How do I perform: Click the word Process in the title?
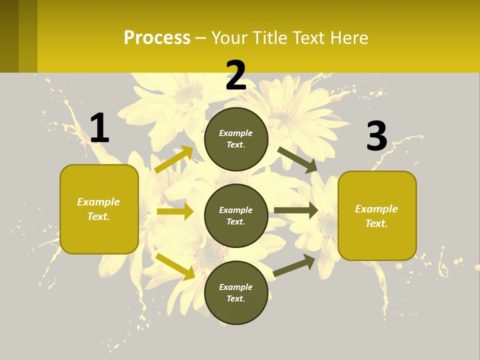tap(157, 38)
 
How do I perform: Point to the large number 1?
tap(99, 128)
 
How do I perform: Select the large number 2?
tap(236, 75)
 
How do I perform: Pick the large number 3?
tap(376, 136)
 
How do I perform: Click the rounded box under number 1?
tap(99, 209)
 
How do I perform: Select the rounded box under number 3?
tap(377, 215)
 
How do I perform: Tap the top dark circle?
tap(236, 139)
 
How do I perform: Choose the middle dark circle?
tap(236, 216)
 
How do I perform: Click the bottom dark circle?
tap(236, 292)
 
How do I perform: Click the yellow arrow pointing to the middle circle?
tap(175, 211)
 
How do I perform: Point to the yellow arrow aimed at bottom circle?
tap(175, 266)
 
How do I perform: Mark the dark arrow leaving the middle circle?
tap(296, 210)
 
